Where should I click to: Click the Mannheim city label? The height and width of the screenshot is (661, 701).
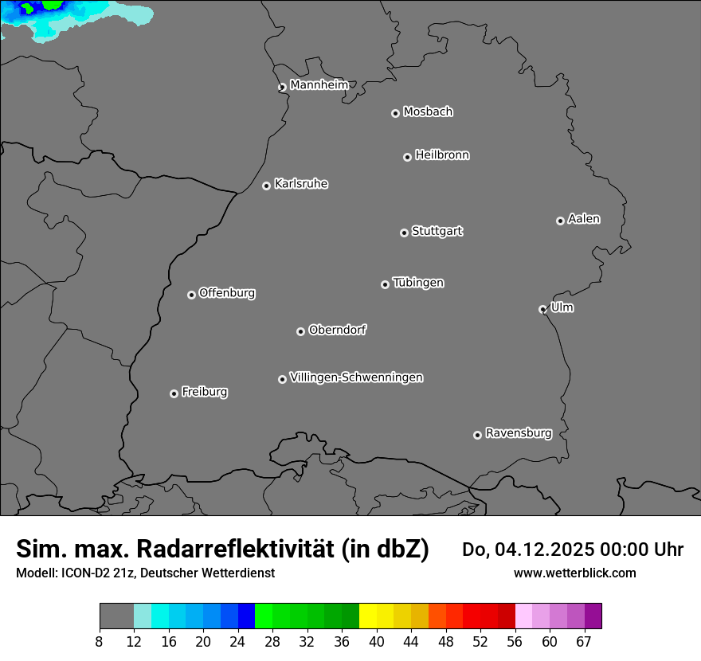coord(319,85)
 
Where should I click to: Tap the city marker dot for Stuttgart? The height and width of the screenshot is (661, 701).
coord(404,233)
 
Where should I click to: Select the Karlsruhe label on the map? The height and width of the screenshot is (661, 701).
coord(301,184)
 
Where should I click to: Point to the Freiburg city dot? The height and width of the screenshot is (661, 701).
coord(174,393)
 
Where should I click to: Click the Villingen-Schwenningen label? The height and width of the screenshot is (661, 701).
coord(356,377)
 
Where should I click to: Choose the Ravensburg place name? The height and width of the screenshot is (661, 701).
coord(519,433)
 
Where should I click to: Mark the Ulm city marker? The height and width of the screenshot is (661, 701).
coord(542,309)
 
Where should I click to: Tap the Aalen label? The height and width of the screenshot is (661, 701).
coord(584,219)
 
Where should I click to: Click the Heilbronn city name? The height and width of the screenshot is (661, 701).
coord(442,155)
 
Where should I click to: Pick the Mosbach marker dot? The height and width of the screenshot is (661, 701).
coord(395,113)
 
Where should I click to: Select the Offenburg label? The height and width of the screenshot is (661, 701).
coord(227,293)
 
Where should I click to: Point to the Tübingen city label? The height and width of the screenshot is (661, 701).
coord(418,283)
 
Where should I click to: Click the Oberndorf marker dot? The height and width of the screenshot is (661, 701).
coord(300,331)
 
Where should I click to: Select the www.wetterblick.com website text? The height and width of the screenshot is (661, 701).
coord(575,573)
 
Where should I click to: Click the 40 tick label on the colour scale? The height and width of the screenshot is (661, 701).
coord(377,642)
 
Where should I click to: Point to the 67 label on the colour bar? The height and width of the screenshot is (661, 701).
coord(584,642)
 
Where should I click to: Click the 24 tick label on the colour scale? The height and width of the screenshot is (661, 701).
coord(238,642)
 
